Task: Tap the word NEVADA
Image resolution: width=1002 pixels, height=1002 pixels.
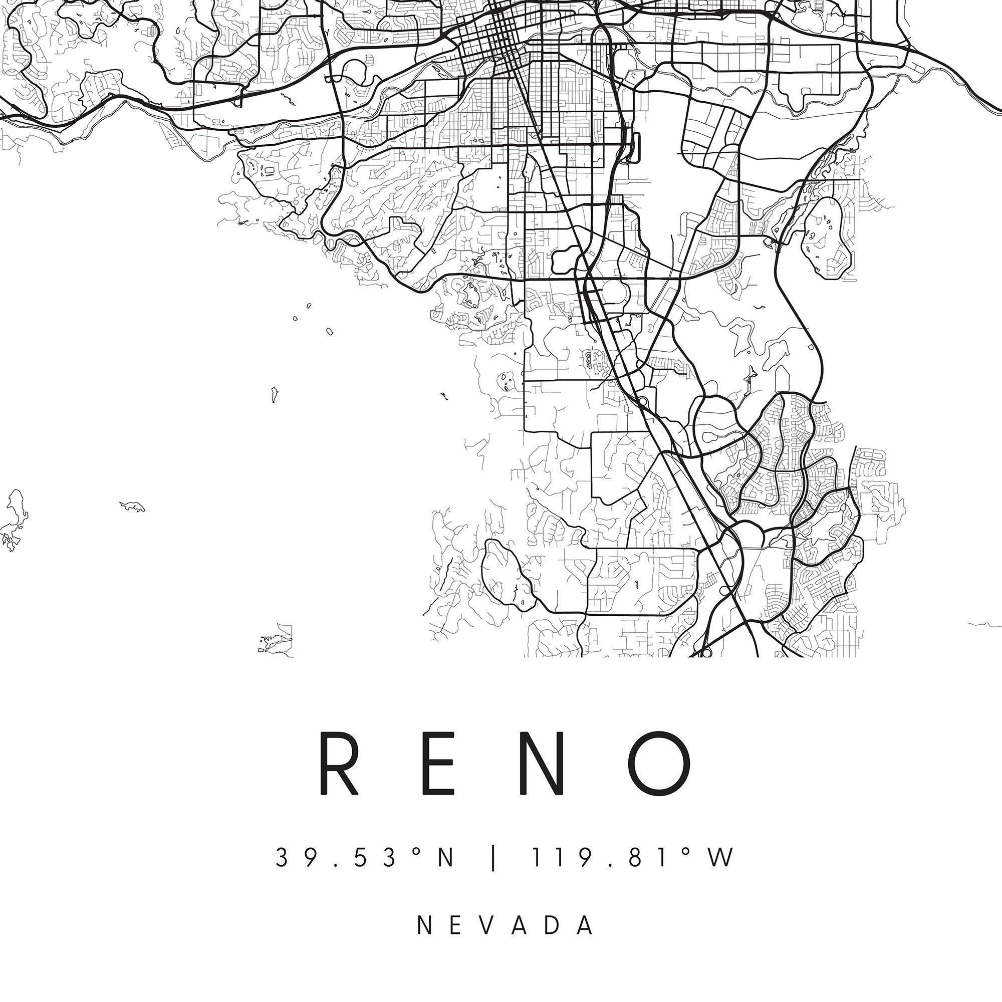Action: (506, 926)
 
